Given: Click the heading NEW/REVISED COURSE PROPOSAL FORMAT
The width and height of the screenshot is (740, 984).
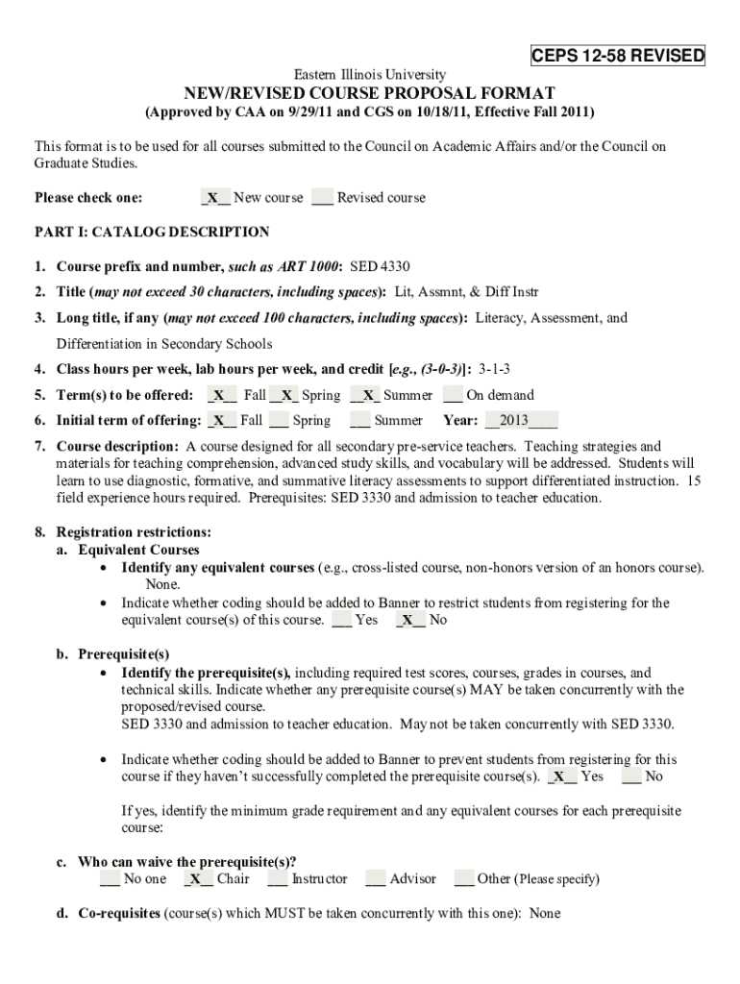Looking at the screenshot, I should coord(369,93).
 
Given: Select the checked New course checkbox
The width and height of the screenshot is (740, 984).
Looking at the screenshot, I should coord(214,198).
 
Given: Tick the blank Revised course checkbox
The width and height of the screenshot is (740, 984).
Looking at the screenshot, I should coord(322,198).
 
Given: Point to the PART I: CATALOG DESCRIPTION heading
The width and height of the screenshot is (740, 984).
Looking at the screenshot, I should coord(152,232).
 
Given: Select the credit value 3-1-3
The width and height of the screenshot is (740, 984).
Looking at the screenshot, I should coord(494,369).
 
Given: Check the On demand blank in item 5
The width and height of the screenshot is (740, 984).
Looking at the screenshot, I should coord(452,395).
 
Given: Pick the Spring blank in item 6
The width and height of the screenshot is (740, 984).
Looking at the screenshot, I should coord(279,420).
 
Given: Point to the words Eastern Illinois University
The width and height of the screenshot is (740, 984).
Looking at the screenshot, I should coord(369,74).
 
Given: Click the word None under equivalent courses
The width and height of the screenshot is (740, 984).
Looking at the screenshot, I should coord(162,584).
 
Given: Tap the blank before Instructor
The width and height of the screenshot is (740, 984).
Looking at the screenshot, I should coord(278,878).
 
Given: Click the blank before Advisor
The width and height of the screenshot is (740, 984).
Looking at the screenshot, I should coord(376,878).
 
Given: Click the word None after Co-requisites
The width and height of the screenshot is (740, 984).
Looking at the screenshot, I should coord(544,913).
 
